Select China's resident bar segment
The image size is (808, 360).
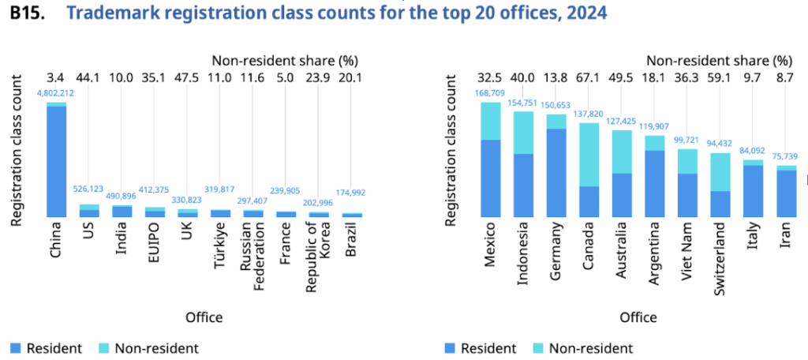(x=57, y=161)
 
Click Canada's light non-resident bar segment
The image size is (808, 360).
(x=589, y=154)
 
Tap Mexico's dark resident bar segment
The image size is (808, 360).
(x=491, y=178)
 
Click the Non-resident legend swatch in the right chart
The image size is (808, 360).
(x=537, y=348)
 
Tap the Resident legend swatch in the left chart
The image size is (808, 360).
(x=17, y=348)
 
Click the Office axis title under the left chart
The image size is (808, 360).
(x=204, y=317)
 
